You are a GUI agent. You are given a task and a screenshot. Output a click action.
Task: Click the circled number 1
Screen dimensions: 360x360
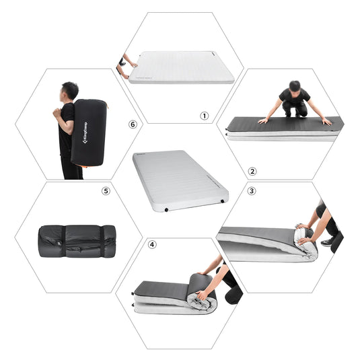point(205,115)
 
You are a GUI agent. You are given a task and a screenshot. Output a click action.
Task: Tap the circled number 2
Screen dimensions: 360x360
point(252,171)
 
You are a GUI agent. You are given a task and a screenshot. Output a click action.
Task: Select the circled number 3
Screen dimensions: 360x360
point(252,191)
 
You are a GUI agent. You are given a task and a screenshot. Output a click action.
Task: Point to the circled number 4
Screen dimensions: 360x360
point(151,244)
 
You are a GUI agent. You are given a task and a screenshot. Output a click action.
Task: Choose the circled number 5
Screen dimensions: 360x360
point(106,191)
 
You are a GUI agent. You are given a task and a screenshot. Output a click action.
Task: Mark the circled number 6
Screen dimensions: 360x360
point(132,124)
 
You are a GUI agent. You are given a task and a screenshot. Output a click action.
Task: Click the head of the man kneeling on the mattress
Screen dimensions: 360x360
point(294,87)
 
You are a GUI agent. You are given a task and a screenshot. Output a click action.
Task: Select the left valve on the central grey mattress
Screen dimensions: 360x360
point(166,209)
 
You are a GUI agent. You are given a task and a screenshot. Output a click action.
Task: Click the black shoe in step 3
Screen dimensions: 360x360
point(328,242)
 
